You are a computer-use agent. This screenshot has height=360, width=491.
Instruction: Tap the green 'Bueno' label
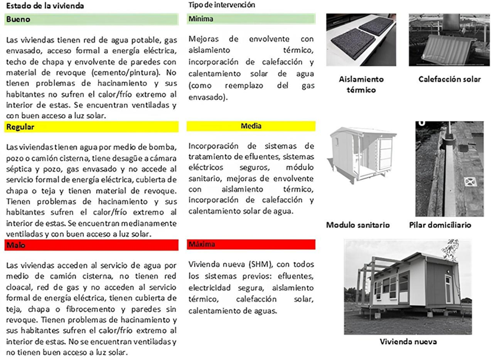coord(17,19)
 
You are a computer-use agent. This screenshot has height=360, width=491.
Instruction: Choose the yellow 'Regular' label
coord(19,127)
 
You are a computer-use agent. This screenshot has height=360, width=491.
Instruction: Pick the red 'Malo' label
coord(15,244)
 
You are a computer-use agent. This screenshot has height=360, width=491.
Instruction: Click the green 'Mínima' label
coord(201,19)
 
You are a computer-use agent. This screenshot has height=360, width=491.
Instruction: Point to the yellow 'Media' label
coord(251,126)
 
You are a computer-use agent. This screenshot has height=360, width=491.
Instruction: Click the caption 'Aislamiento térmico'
coord(361,84)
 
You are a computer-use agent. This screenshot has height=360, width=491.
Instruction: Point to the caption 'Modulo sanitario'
coord(358,225)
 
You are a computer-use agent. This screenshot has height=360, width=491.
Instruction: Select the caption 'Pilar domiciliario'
coord(440,225)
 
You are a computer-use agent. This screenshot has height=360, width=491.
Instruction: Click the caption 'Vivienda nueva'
coord(407,341)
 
